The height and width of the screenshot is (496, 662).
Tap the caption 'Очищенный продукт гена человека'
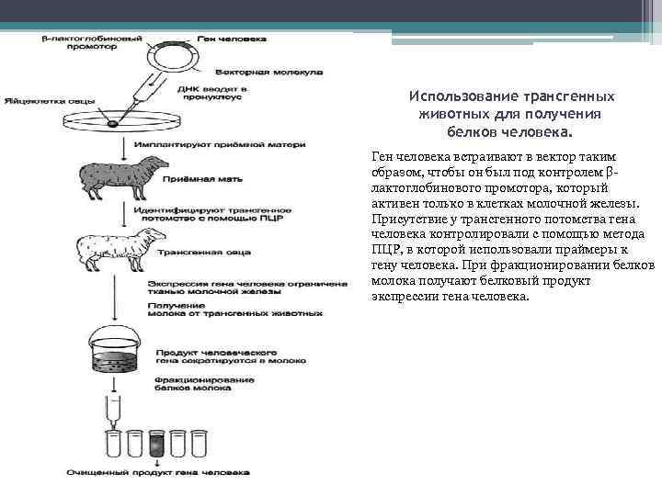tap(156, 473)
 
